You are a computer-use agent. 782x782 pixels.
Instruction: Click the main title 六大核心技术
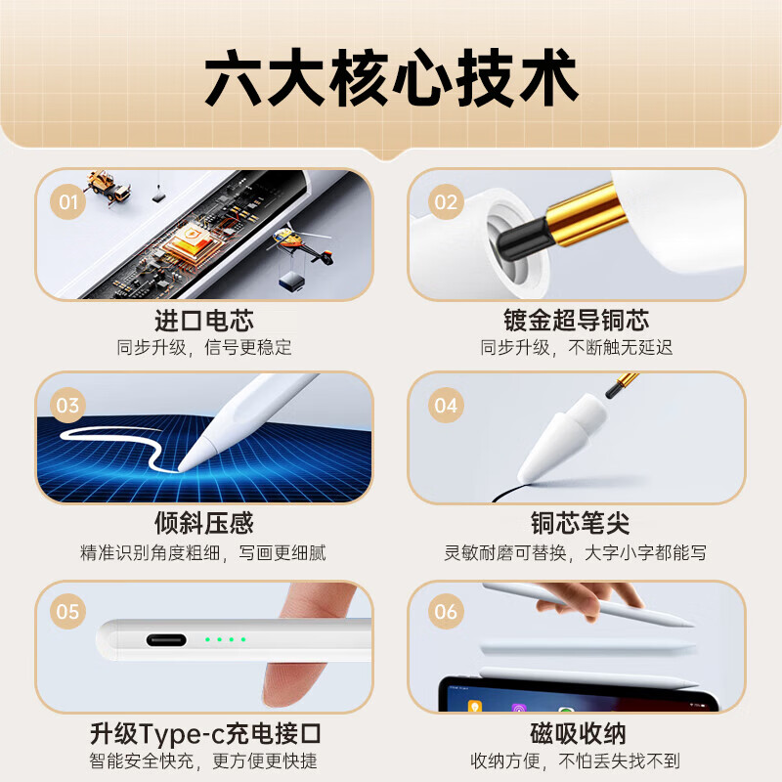391,80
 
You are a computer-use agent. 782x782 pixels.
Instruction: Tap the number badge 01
67,202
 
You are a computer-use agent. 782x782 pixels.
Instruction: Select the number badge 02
446,202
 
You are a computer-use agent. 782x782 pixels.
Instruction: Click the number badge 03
67,405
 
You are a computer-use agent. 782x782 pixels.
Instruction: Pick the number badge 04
446,405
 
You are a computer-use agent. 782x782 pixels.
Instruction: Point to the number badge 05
67,612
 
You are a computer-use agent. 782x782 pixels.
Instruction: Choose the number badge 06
446,612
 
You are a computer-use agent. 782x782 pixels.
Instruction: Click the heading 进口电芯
203,320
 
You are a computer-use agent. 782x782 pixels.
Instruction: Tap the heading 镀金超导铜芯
576,320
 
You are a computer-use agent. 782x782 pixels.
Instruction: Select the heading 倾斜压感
203,524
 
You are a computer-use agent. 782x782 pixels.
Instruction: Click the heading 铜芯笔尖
576,524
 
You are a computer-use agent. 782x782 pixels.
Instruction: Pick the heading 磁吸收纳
576,733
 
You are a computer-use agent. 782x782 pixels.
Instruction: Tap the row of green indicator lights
225,640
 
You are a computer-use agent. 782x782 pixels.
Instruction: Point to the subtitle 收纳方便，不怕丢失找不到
576,760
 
